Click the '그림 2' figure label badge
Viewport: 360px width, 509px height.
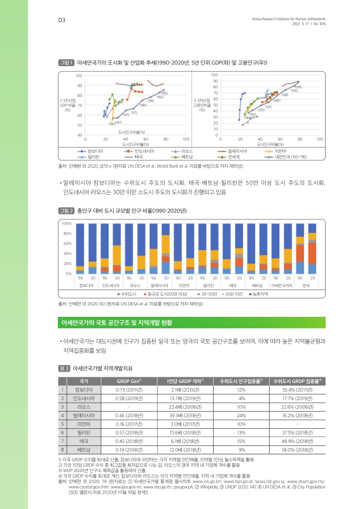coord(66,209)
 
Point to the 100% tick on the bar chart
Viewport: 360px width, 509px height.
coord(66,223)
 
